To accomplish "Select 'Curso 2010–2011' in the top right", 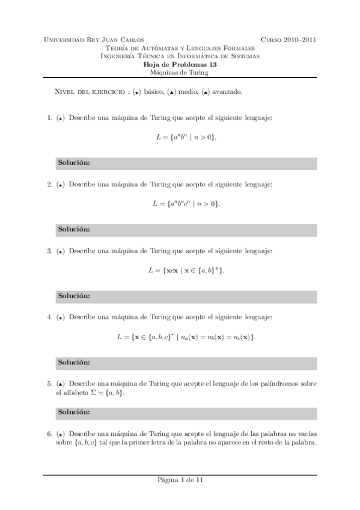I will pos(288,40).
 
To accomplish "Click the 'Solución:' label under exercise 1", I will pos(74,164).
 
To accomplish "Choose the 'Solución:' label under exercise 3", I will pos(74,296).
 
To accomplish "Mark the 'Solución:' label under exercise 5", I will pos(74,413).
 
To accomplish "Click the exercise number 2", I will pos(49,185).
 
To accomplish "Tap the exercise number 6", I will pos(49,434).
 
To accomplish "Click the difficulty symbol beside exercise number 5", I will pos(61,384).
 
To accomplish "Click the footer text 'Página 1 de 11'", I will pos(180,481).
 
